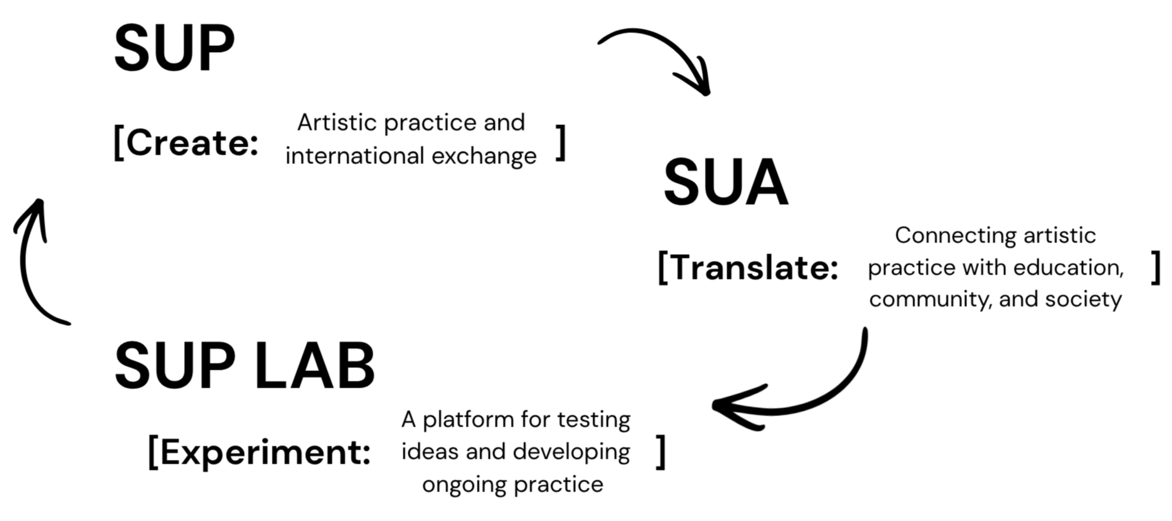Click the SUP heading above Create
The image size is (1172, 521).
coord(174,49)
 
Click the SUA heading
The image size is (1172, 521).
coord(725,183)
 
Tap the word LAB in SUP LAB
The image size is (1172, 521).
coord(314,366)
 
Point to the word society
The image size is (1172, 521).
coord(1083,300)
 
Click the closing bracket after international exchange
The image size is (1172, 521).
coord(560,143)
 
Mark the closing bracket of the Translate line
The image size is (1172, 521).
coord(1155,268)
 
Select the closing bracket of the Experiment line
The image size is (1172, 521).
coord(660,452)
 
